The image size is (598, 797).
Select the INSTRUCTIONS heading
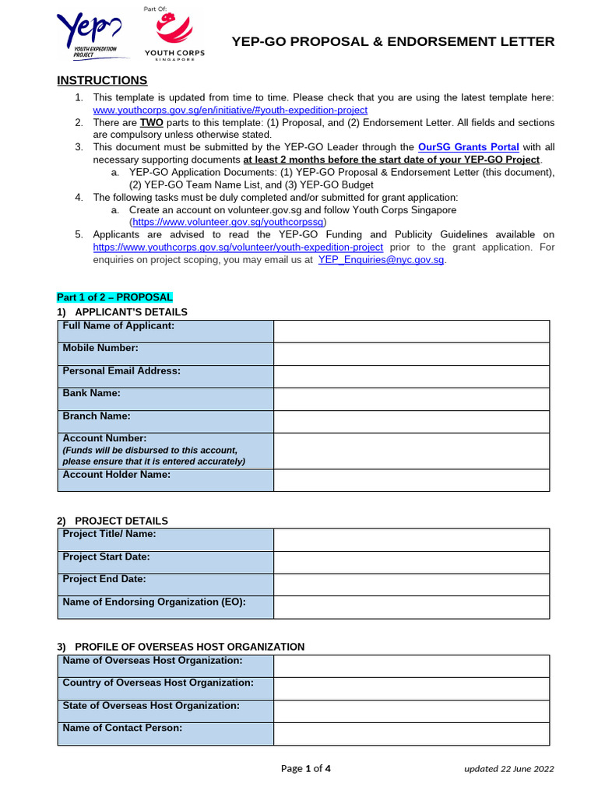pos(102,81)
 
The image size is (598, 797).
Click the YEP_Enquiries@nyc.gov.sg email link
pos(382,260)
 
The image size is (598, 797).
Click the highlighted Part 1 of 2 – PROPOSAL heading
pos(114,297)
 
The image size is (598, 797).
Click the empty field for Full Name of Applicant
pos(411,332)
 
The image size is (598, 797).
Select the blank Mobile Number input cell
pos(411,354)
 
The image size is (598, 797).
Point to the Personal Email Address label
pos(121,371)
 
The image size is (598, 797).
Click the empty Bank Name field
pos(411,399)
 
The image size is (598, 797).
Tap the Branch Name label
pos(97,416)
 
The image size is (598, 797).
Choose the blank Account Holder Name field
pos(411,480)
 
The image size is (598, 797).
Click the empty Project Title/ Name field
pos(411,539)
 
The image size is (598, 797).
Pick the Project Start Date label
pos(106,557)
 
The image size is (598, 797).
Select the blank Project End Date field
pos(411,585)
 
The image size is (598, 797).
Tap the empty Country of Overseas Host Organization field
pos(411,688)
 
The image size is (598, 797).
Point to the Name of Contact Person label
pos(122,728)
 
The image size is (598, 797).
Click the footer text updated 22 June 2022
pos(508,769)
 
